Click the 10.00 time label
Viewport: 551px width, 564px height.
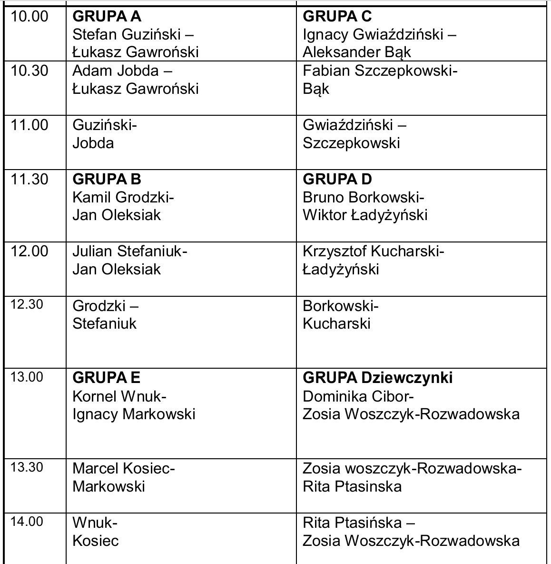[30, 16]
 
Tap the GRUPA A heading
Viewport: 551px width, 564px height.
[107, 16]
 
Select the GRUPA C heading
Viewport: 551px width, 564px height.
[337, 16]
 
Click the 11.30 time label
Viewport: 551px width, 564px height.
[30, 180]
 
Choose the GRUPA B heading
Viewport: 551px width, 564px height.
[107, 180]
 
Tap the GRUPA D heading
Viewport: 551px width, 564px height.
[337, 180]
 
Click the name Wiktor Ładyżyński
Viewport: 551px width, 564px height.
[365, 215]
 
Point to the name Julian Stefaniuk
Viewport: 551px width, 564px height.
[127, 252]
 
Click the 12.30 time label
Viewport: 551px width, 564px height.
[27, 304]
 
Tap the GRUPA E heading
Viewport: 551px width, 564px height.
[106, 378]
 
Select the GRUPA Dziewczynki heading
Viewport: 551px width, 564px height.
[378, 378]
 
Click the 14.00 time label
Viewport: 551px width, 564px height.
[27, 522]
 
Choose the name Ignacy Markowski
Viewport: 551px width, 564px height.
[134, 414]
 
